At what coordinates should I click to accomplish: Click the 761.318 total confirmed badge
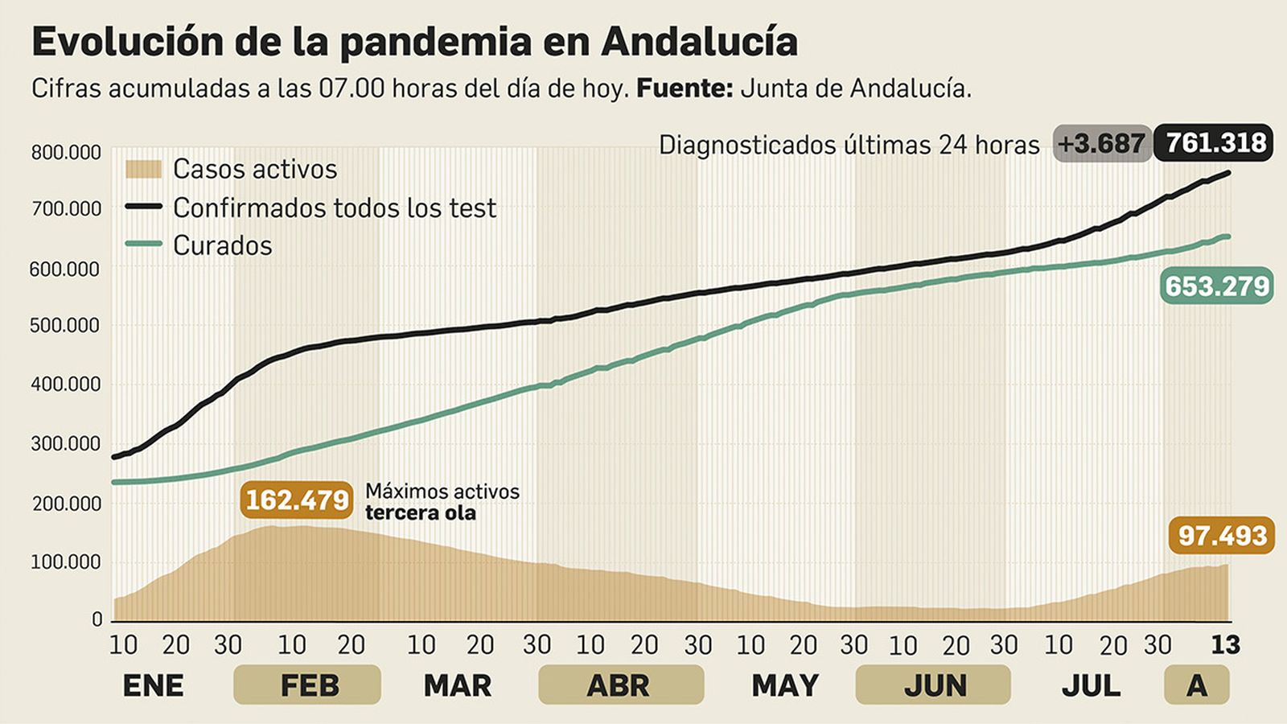click(x=1214, y=143)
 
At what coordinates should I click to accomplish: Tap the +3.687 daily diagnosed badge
click(x=1101, y=143)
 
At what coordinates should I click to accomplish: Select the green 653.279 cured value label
click(x=1216, y=286)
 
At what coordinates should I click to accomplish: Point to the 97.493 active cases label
click(x=1222, y=535)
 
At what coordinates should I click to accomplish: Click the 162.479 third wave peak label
click(x=297, y=500)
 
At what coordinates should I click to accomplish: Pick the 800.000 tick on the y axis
click(x=66, y=152)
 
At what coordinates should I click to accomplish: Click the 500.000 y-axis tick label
click(x=66, y=326)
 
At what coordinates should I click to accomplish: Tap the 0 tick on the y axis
click(x=97, y=619)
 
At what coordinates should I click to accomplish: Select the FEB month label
click(x=308, y=685)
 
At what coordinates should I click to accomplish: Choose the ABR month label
click(x=618, y=685)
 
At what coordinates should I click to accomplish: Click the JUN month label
click(x=935, y=685)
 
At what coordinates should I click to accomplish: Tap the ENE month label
click(x=153, y=685)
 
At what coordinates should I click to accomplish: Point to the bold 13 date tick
click(x=1226, y=644)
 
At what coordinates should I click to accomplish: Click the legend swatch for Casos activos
click(x=143, y=169)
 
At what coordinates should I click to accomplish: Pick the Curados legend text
click(x=222, y=245)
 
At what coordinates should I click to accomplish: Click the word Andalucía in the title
click(x=699, y=42)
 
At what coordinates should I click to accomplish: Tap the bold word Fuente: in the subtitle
click(x=685, y=88)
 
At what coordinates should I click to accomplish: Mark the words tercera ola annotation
click(x=420, y=513)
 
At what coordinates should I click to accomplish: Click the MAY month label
click(x=784, y=685)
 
